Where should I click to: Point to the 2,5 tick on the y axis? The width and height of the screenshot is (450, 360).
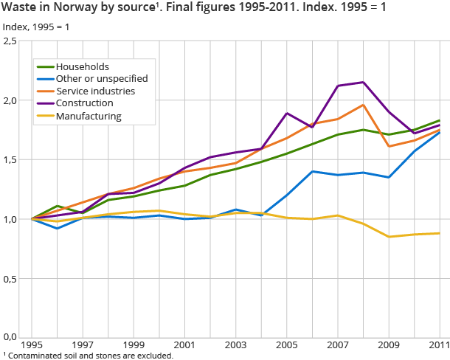coord(10,41)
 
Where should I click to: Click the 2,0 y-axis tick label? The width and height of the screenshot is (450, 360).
coord(10,100)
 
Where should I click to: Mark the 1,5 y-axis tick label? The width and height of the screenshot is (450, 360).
coord(10,160)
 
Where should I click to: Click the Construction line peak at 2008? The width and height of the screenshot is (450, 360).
coord(363,82)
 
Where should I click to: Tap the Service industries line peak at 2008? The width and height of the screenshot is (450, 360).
coord(363,105)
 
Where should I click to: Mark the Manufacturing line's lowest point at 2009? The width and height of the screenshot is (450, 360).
coord(388,237)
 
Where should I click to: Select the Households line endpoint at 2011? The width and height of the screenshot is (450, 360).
coord(440,120)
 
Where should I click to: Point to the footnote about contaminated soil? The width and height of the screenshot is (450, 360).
coord(89,356)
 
